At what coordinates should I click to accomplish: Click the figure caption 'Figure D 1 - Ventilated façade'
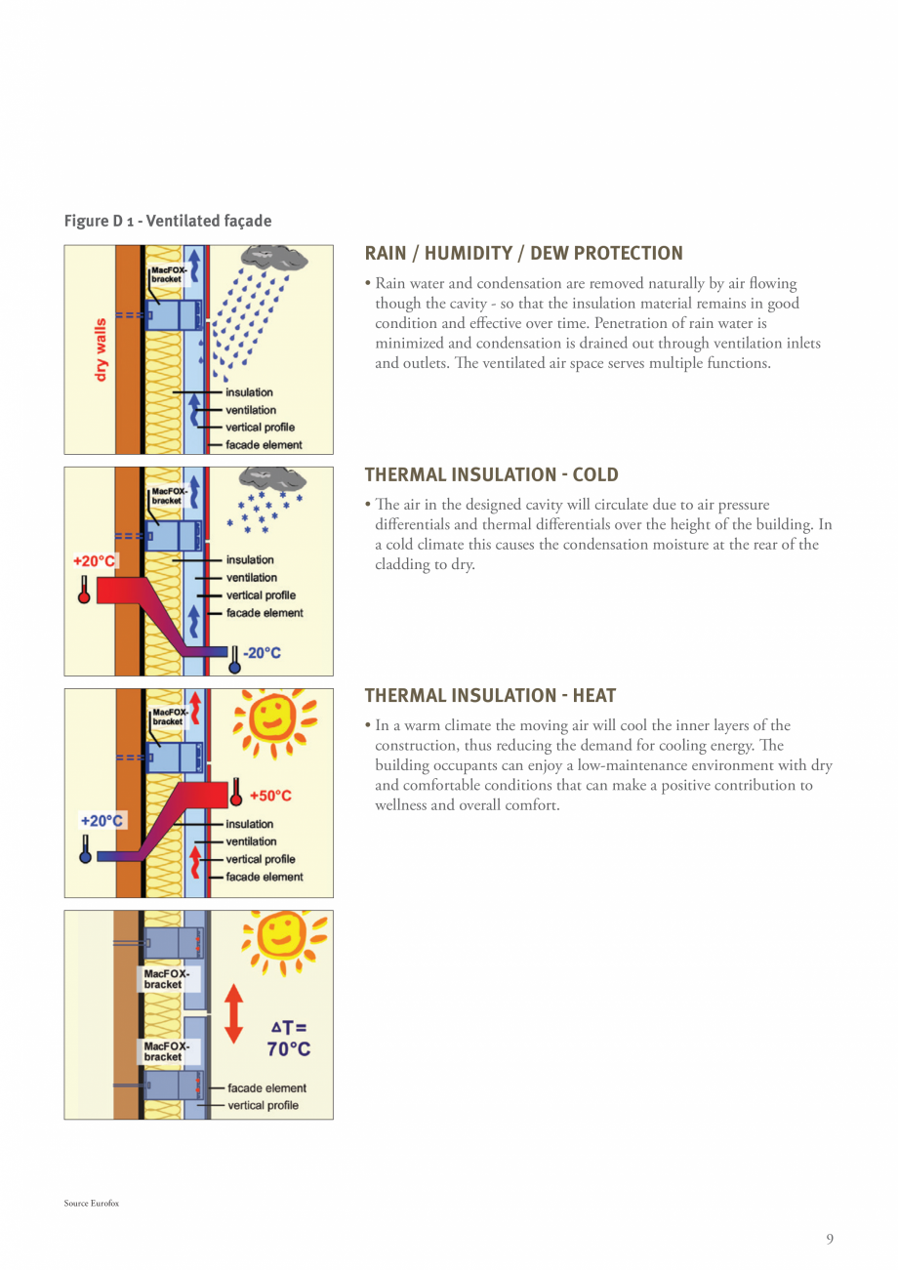pos(168,222)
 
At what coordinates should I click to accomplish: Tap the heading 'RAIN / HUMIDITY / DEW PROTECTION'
pos(523,254)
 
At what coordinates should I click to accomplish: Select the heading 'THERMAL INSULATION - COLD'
pos(491,475)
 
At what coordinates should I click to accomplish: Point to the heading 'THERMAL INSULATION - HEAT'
pos(490,696)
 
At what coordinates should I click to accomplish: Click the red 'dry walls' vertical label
pos(101,348)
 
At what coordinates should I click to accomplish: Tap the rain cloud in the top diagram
pos(275,259)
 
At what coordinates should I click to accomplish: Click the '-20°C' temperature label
pos(261,653)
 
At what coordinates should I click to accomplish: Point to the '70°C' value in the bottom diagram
pos(289,1049)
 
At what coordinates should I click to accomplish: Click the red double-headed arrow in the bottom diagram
pos(233,1013)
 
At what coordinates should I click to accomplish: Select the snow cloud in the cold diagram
pos(274,479)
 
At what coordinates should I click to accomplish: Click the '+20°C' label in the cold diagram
pos(96,562)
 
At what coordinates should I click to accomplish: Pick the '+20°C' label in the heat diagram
pos(102,821)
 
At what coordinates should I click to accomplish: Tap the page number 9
pos(830,1240)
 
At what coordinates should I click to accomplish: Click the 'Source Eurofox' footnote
pos(91,1204)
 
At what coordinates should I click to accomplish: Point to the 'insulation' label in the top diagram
pos(249,392)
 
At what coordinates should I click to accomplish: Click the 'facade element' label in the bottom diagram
pos(266,1087)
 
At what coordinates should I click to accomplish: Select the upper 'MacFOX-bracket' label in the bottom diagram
pos(163,979)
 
